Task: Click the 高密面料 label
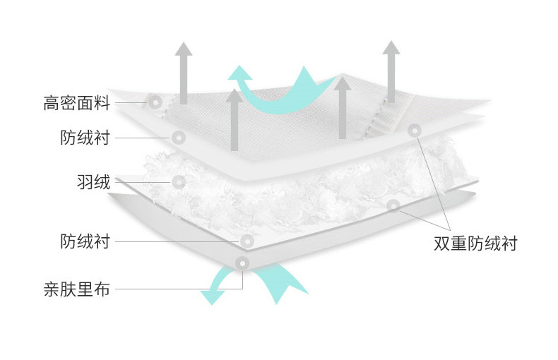click(x=77, y=104)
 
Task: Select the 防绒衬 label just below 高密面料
click(x=85, y=137)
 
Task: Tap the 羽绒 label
click(x=93, y=182)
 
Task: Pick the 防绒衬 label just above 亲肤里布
click(x=85, y=242)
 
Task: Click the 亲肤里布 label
click(x=77, y=289)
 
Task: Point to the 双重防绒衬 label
click(x=475, y=244)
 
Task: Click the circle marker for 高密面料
click(x=155, y=102)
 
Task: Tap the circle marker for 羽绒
click(x=179, y=182)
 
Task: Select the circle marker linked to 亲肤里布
click(x=243, y=263)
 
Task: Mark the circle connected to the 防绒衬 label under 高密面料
click(x=178, y=137)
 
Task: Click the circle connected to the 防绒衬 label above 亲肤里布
click(x=247, y=241)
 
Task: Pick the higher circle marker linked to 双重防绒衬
click(x=415, y=131)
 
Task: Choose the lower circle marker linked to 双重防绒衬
click(x=393, y=205)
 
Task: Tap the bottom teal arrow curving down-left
click(x=215, y=287)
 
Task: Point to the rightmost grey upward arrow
click(x=390, y=71)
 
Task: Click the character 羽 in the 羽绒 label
click(x=85, y=182)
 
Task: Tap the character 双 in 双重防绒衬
click(x=442, y=244)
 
